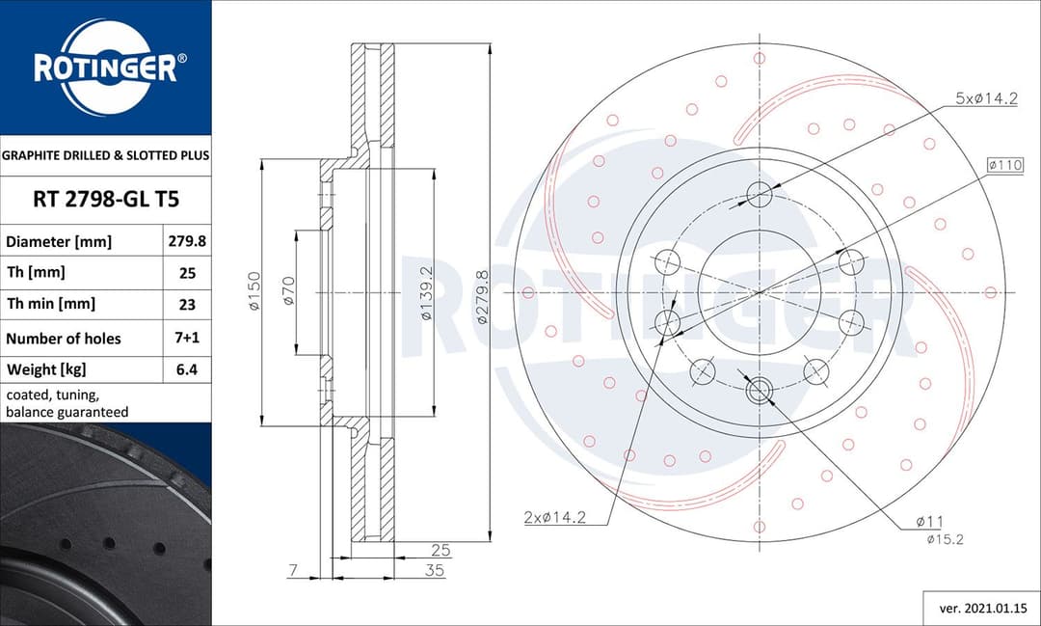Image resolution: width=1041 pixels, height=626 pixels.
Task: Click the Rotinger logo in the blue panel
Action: (x=105, y=68)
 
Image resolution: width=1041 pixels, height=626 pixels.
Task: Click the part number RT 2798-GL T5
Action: (x=105, y=200)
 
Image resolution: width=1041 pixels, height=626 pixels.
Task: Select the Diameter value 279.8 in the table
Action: (x=187, y=241)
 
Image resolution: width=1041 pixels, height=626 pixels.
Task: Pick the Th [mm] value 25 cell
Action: (x=187, y=273)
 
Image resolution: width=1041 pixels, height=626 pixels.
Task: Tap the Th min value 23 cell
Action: (x=187, y=304)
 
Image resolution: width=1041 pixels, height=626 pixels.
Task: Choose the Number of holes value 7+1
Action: (x=187, y=338)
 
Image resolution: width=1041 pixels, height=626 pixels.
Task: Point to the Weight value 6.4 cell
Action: (x=187, y=369)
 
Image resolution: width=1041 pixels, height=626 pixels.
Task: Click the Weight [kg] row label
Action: (x=47, y=369)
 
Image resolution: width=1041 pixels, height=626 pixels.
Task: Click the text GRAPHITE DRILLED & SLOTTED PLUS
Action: (x=105, y=154)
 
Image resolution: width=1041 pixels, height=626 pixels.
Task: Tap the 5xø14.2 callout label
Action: (x=986, y=98)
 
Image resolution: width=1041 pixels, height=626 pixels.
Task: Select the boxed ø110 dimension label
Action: (x=1004, y=165)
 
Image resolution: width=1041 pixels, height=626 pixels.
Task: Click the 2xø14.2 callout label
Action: (x=555, y=517)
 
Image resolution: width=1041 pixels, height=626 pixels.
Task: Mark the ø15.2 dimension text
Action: (x=945, y=539)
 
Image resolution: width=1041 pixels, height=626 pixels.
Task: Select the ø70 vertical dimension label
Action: (x=288, y=290)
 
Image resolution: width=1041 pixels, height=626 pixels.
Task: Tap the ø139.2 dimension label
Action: (x=425, y=290)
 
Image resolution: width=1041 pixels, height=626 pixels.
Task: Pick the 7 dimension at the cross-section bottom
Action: (x=292, y=571)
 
